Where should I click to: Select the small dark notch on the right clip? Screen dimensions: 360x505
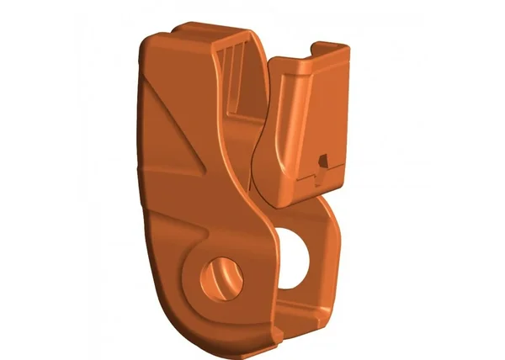pyautogui.click(x=322, y=160)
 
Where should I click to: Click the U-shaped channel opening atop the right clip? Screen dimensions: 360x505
pyautogui.click(x=321, y=52)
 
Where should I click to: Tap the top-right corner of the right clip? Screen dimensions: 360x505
pyautogui.click(x=346, y=47)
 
